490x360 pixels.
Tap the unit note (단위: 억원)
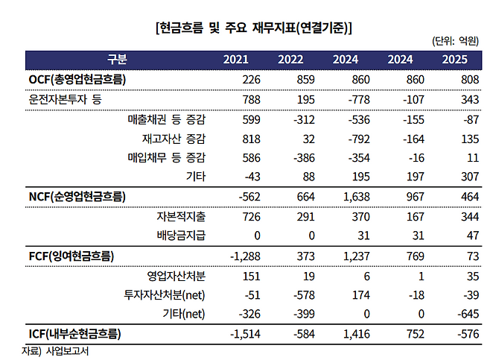point(455,42)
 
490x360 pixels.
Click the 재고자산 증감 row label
point(174,138)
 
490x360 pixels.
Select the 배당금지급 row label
point(181,236)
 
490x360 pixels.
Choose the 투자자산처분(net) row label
point(165,294)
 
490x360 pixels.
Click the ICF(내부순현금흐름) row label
point(71,333)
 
